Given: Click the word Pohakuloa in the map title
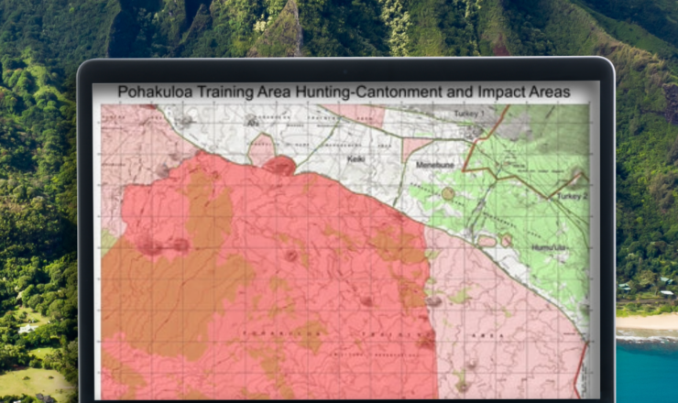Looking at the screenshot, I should tap(158, 92).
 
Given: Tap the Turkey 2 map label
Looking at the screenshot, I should tap(569, 196).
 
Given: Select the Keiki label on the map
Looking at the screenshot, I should tap(356, 158).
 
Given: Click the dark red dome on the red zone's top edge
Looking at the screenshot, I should tap(280, 166).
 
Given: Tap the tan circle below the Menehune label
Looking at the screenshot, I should tap(448, 193).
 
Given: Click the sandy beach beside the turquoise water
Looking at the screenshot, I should tap(647, 321).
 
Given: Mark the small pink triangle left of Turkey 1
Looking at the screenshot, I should tap(415, 147).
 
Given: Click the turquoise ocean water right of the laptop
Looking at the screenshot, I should tap(647, 366).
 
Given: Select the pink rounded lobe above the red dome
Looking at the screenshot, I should tap(262, 147).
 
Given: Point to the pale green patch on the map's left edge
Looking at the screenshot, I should tap(107, 241).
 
